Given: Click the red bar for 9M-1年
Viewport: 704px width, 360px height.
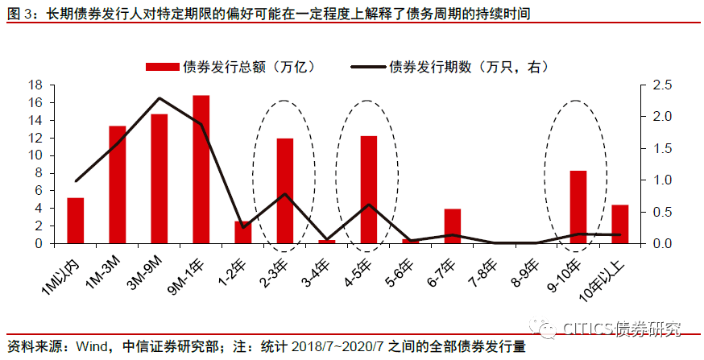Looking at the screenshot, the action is click(201, 169).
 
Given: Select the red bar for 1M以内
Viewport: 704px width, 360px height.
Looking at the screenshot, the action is click(76, 221).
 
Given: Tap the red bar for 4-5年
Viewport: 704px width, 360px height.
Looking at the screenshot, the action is click(369, 189).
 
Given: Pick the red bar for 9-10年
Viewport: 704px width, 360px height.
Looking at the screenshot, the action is click(578, 207).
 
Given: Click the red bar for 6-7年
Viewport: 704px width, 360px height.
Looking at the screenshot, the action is click(453, 226).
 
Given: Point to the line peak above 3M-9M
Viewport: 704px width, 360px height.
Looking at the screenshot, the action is click(159, 98).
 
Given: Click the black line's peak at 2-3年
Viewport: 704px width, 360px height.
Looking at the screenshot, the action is click(285, 194).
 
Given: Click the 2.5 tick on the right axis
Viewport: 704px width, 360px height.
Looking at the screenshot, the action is click(649, 85).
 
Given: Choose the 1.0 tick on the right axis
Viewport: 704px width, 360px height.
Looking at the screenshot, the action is click(649, 180).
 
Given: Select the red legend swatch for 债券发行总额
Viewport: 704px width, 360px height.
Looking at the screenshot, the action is click(163, 67).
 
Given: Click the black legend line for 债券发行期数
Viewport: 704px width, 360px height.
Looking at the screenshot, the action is click(368, 67).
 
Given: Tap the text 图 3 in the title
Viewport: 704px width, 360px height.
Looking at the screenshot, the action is click(20, 14).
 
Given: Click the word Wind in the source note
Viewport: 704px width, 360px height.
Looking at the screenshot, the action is click(90, 346).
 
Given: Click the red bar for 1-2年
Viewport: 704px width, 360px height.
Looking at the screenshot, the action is click(243, 232).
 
